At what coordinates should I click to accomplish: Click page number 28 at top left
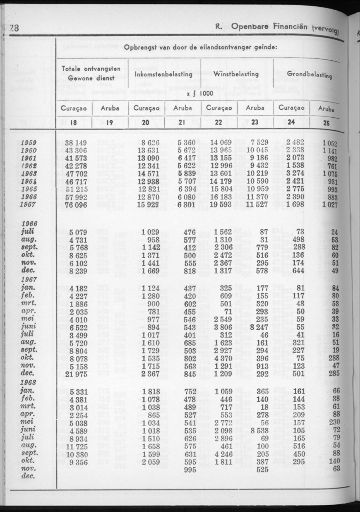(14, 29)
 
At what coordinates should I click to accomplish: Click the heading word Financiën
(290, 27)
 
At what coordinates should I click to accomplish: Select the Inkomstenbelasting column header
(163, 74)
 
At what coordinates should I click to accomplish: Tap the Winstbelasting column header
(236, 74)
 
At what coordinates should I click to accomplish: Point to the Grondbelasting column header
(310, 76)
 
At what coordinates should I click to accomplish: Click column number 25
(327, 124)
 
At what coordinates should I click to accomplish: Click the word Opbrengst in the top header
(139, 47)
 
